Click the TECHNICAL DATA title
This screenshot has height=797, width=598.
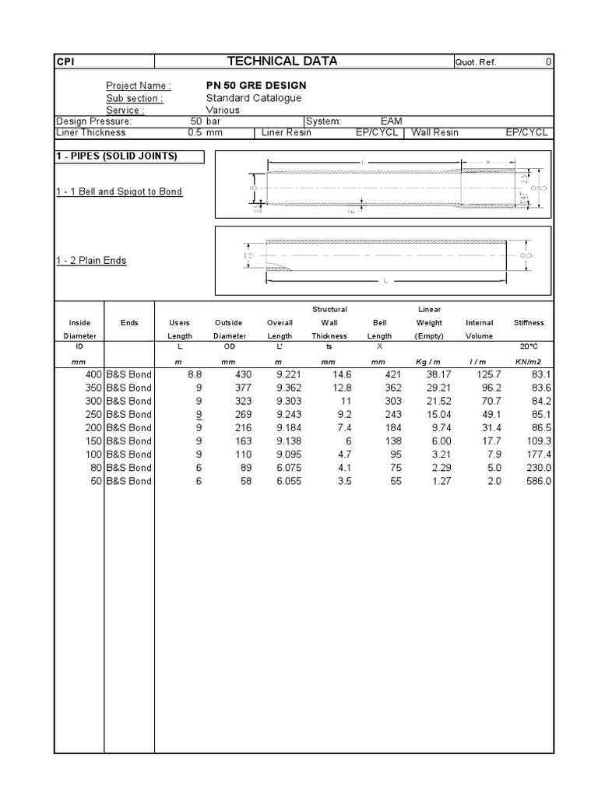282,61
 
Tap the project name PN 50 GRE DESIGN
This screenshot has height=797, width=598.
256,85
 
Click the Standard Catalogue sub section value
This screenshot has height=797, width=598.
253,98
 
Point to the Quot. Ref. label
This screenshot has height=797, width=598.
475,63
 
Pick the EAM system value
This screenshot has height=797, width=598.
391,121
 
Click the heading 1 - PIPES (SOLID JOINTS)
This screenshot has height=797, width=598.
117,156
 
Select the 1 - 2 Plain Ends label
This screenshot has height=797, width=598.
91,261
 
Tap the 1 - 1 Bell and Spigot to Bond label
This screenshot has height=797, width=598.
119,191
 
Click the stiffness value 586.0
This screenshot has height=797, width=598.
538,481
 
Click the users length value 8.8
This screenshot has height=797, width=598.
195,374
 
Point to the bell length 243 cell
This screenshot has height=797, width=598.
382,414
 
